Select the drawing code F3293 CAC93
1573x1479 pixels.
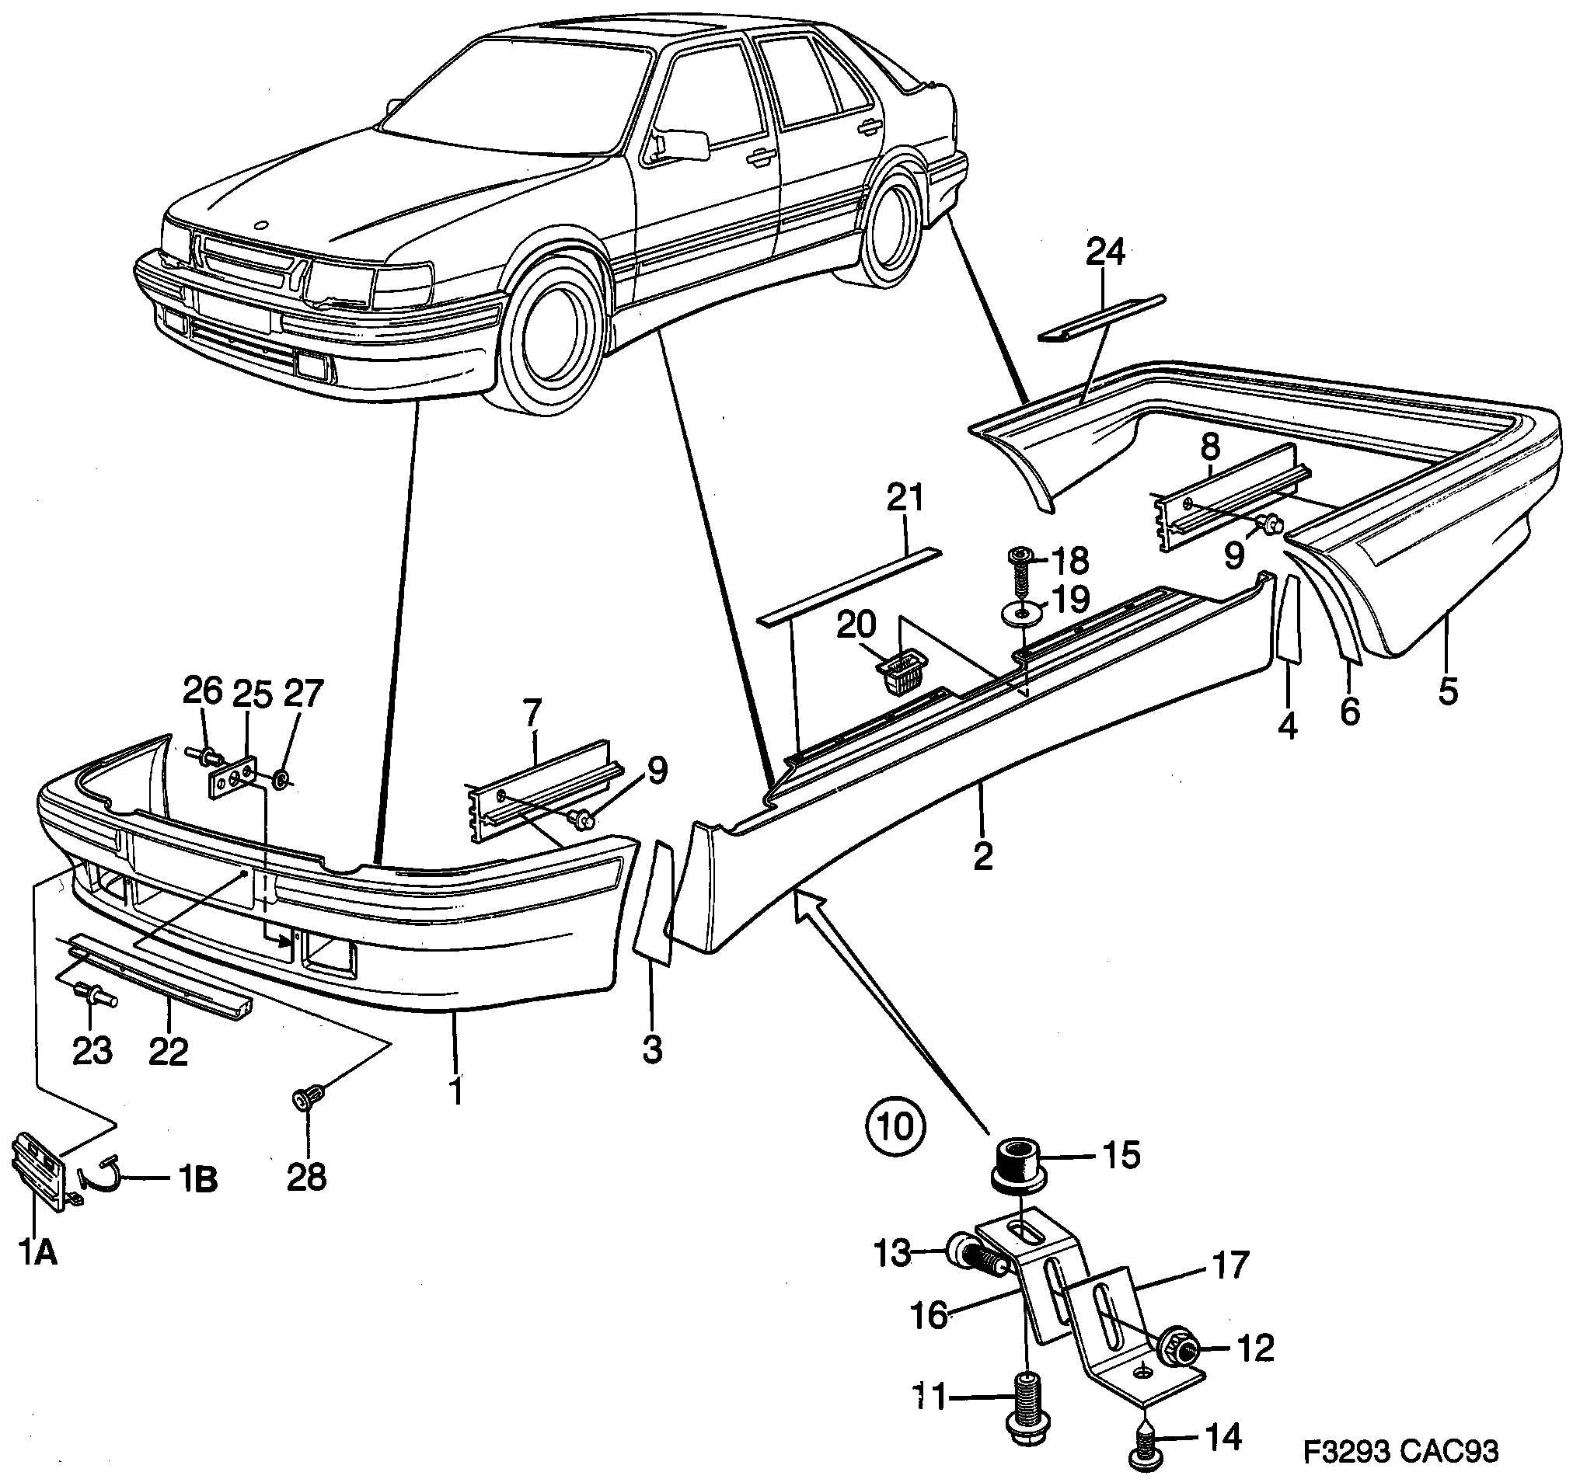click(1400, 1450)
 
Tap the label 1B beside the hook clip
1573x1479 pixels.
click(194, 1181)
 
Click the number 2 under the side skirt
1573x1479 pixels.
click(982, 857)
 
